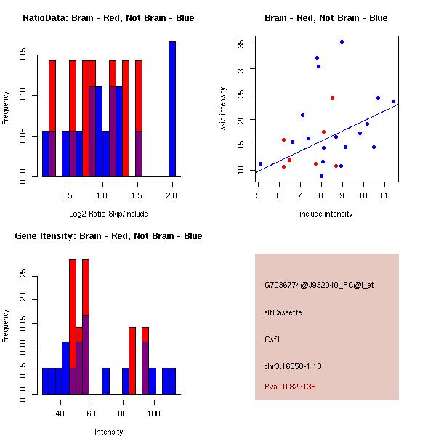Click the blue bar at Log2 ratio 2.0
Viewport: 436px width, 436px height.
pyautogui.click(x=172, y=109)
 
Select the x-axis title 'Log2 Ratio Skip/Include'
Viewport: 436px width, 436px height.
pyautogui.click(x=108, y=214)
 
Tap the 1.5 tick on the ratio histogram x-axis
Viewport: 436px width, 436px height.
pyautogui.click(x=137, y=195)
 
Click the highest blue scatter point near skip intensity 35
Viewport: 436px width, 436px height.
pyautogui.click(x=342, y=42)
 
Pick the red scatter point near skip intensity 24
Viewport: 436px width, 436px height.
pyautogui.click(x=332, y=97)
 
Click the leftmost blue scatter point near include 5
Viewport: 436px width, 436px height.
pyautogui.click(x=260, y=163)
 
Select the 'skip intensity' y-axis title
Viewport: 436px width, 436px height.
pyautogui.click(x=224, y=109)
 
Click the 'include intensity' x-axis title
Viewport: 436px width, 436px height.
pyautogui.click(x=326, y=214)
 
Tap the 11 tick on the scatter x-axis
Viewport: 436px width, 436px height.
pyautogui.click(x=383, y=195)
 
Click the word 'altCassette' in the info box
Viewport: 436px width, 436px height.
pyautogui.click(x=283, y=312)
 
